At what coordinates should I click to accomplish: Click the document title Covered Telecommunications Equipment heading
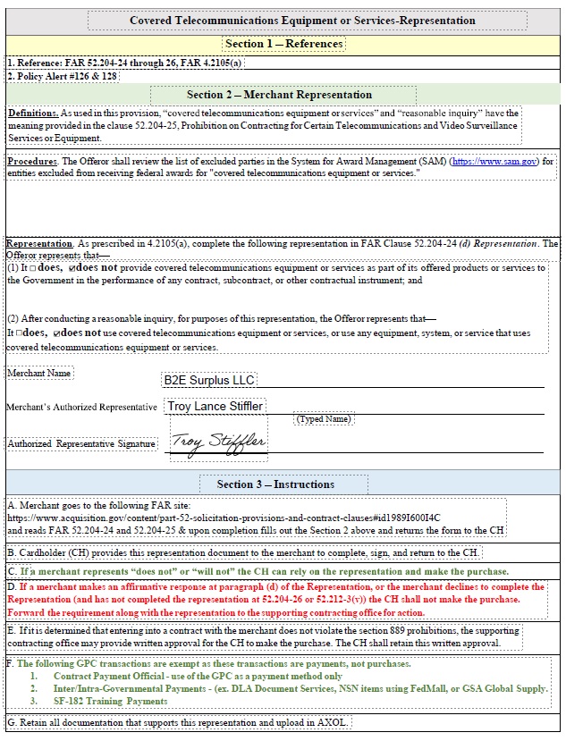tap(302, 21)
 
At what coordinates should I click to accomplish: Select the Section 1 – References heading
tap(283, 44)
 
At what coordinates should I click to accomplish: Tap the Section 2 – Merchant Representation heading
tap(283, 95)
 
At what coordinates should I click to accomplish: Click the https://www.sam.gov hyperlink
tap(494, 162)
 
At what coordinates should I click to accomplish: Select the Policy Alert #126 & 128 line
tap(63, 77)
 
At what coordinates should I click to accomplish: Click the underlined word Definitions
tap(32, 114)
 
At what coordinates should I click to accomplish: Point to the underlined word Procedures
tap(32, 162)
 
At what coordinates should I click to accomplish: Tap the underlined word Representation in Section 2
tap(39, 243)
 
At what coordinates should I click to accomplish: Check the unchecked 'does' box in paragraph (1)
tap(31, 268)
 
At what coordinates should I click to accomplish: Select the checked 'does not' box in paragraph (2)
tap(56, 333)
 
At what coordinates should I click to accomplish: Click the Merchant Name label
tap(39, 373)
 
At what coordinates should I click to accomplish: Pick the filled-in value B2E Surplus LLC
tap(208, 380)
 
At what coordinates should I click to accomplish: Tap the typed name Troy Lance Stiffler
tap(215, 407)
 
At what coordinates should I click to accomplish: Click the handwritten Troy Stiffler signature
tap(218, 442)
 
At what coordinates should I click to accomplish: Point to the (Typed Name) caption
tap(323, 418)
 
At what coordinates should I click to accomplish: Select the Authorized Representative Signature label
tap(81, 443)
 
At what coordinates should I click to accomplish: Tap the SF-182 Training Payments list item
tap(111, 702)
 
